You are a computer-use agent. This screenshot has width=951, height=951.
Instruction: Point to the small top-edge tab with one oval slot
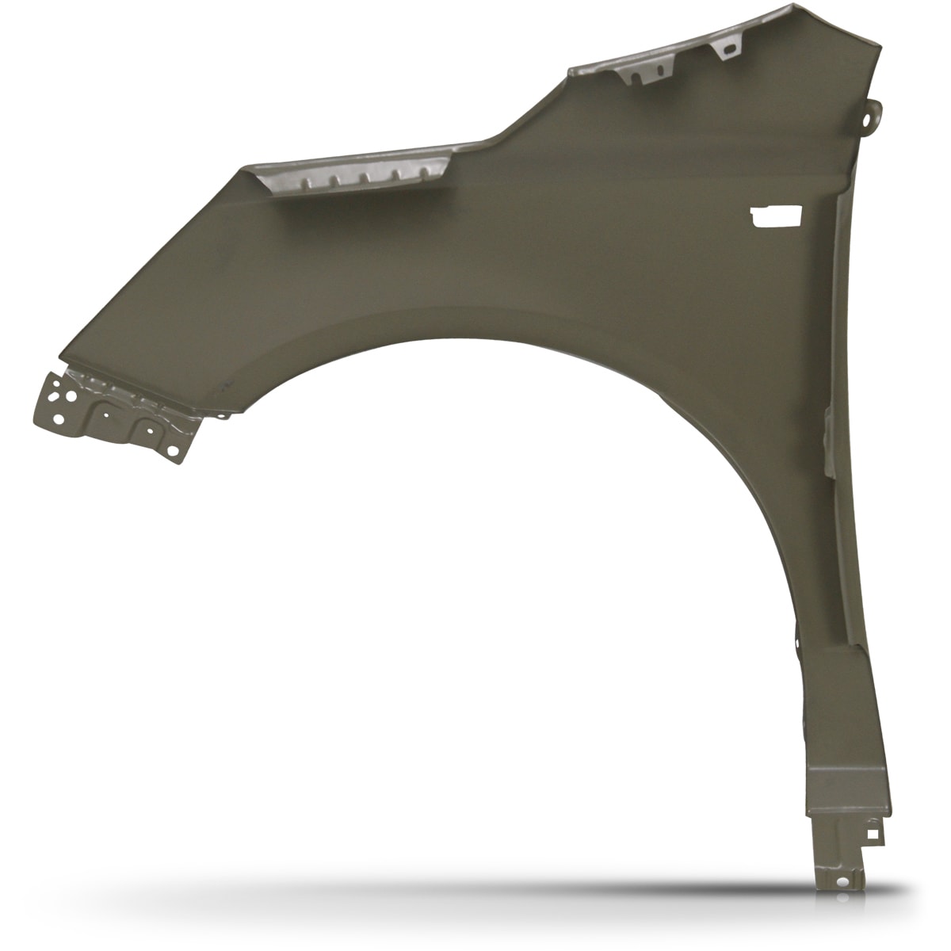tap(724, 48)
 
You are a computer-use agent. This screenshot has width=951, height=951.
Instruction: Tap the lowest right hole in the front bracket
tap(170, 449)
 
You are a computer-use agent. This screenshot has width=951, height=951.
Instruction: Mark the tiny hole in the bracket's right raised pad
tap(147, 428)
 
